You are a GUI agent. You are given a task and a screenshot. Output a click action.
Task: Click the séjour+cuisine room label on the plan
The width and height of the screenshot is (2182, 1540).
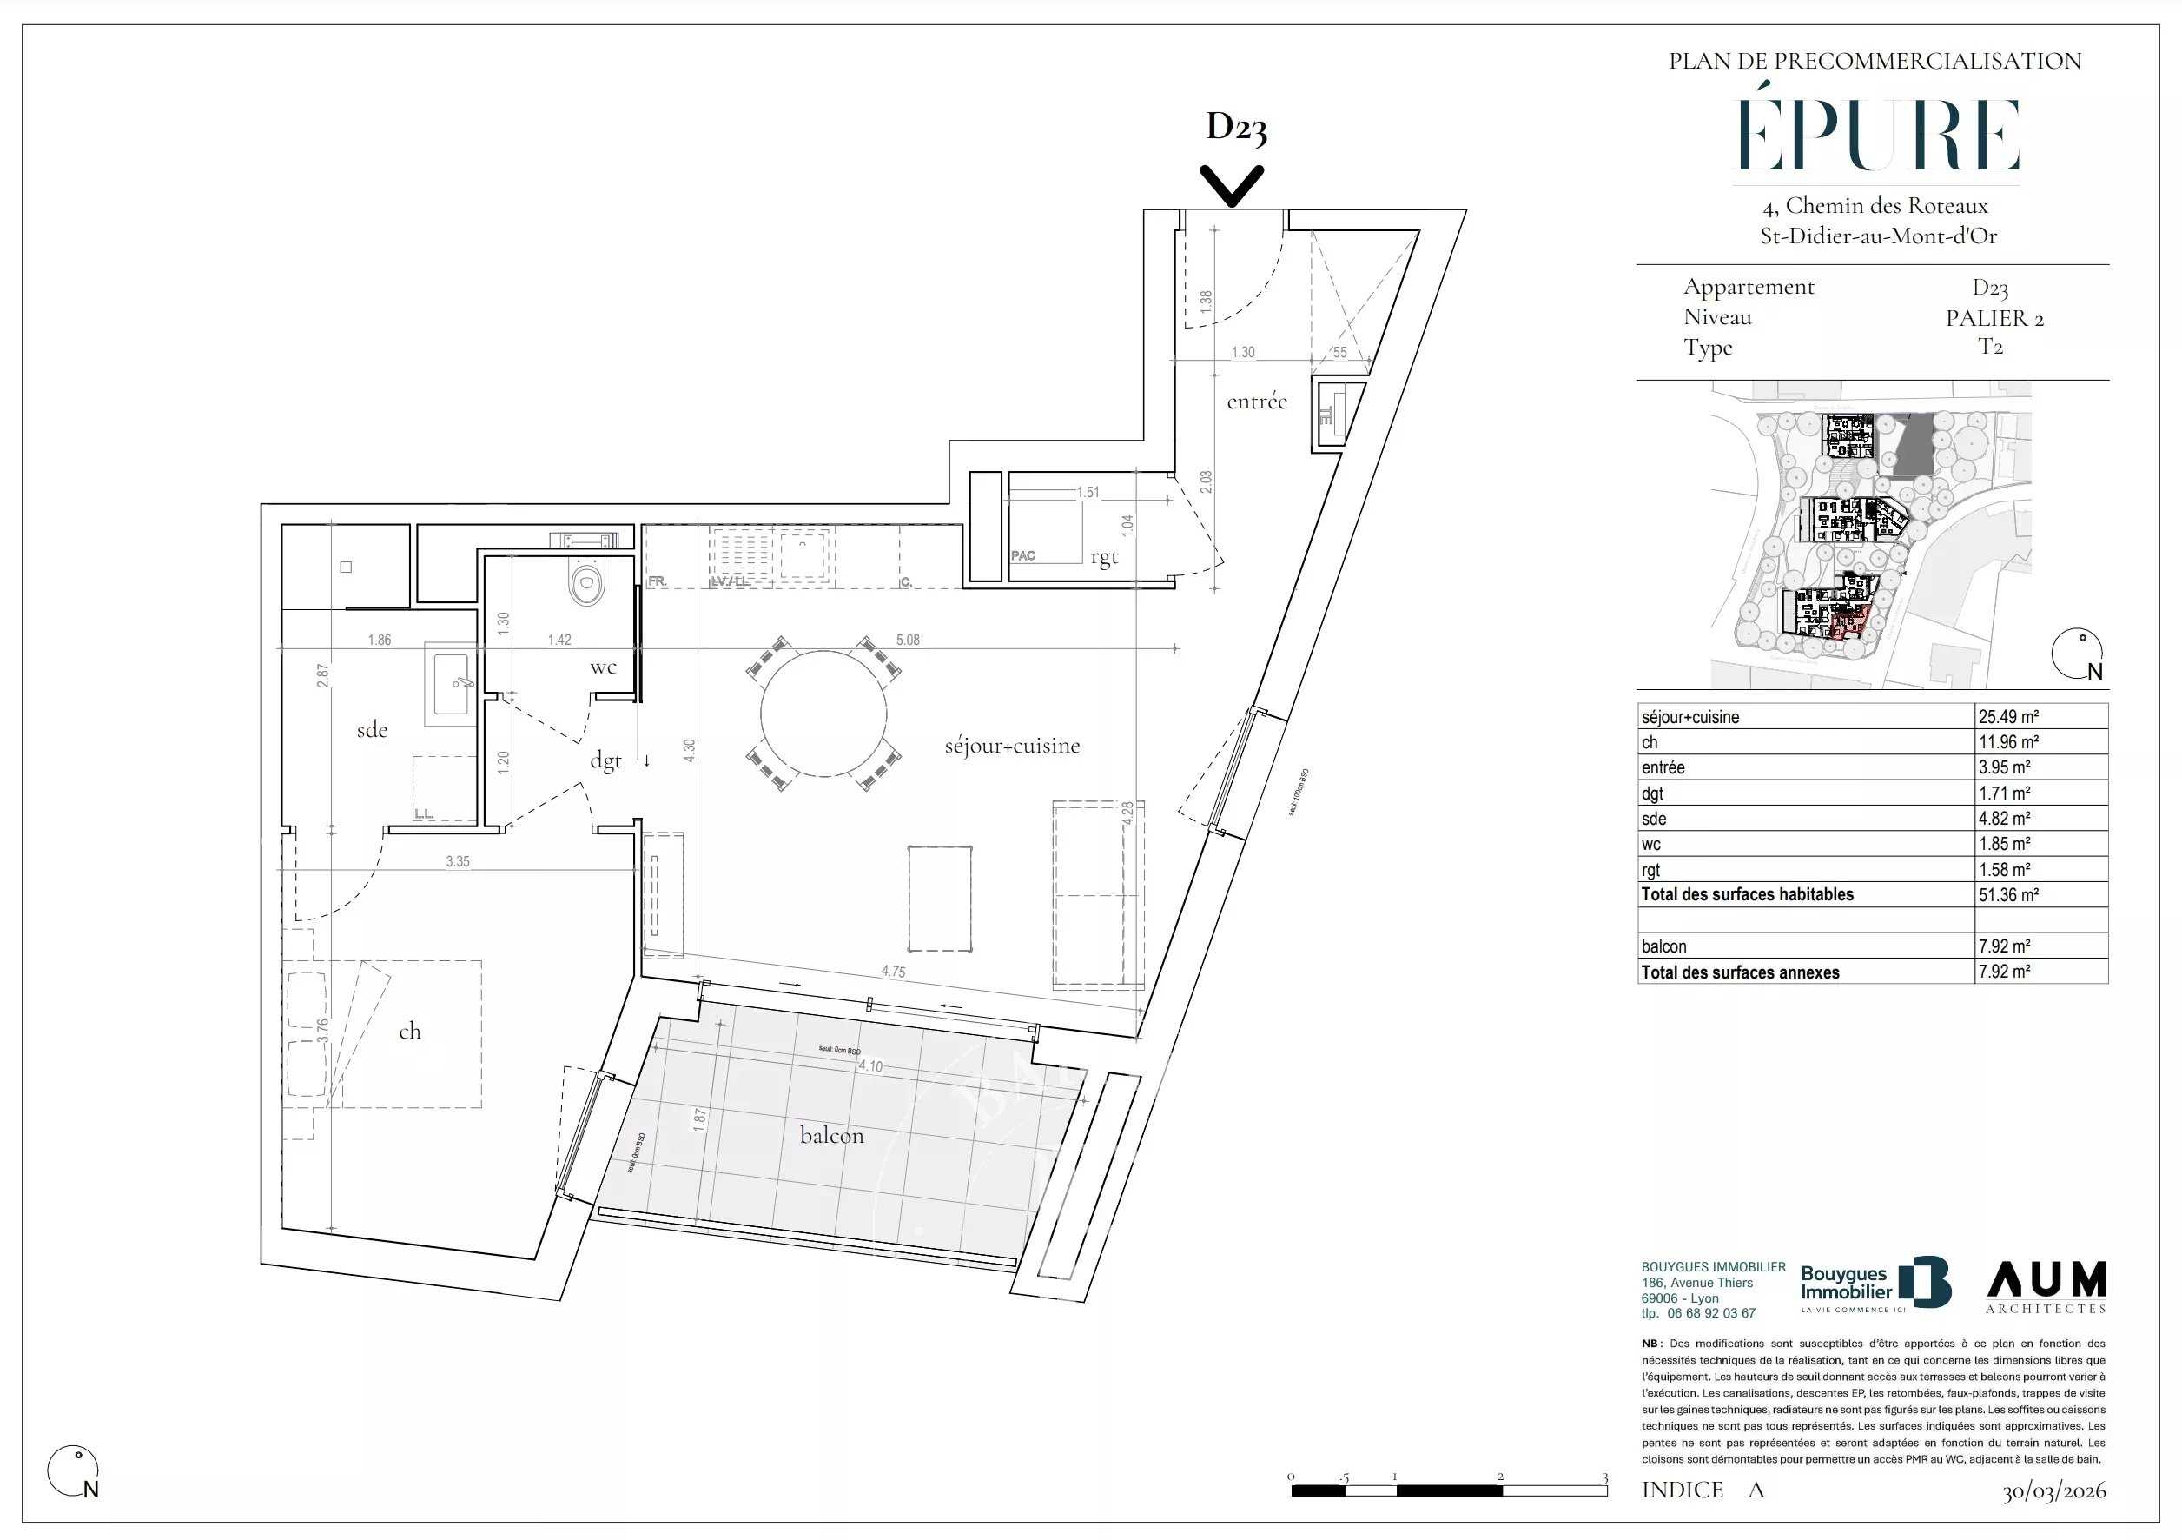1012,747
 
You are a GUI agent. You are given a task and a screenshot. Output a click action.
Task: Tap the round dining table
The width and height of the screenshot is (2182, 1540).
824,713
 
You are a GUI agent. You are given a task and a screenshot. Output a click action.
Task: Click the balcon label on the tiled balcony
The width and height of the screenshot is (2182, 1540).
831,1135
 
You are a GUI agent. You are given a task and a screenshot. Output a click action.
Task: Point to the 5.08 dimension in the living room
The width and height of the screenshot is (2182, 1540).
908,640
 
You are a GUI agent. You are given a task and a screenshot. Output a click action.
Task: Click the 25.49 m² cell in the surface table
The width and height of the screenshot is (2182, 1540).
2009,717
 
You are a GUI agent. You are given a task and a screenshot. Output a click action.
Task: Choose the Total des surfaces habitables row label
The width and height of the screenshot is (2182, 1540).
1747,894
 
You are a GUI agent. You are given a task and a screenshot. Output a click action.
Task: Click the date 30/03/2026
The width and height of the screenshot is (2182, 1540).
2053,1490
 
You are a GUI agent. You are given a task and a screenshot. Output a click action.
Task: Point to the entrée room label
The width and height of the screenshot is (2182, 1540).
1256,402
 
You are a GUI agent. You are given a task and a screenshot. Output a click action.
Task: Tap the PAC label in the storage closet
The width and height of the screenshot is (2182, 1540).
1023,555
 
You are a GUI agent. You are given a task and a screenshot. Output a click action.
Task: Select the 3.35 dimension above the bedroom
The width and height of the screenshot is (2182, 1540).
457,861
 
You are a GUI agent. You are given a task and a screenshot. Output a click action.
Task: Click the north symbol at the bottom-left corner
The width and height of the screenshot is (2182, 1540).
73,1471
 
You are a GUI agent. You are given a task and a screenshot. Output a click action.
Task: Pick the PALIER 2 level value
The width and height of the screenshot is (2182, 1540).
1994,318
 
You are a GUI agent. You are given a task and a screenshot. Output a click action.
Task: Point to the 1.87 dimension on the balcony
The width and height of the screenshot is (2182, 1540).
699,1118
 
